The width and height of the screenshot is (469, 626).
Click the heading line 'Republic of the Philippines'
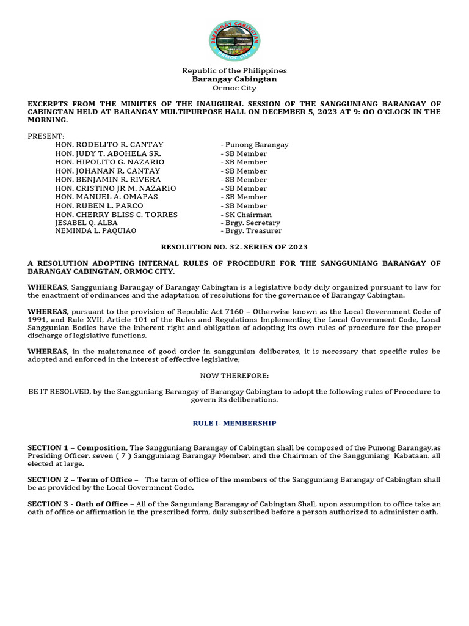point(234,71)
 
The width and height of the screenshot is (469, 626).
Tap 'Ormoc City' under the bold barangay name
point(234,88)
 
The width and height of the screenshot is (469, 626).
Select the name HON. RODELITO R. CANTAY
point(109,145)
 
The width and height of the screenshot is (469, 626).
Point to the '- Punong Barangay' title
point(255,145)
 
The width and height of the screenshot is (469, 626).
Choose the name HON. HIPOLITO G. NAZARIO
point(110,163)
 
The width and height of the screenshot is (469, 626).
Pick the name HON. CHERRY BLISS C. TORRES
point(116,215)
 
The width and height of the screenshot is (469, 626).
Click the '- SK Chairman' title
point(246,215)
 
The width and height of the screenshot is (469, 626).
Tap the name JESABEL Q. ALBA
point(86,223)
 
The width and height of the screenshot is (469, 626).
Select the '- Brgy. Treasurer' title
point(251,232)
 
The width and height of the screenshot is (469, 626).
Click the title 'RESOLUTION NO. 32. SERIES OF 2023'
point(234,247)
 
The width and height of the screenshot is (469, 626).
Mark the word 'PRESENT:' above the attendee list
point(46,136)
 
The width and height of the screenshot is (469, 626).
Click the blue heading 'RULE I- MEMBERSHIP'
point(234,423)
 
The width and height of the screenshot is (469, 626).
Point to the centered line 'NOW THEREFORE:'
point(234,375)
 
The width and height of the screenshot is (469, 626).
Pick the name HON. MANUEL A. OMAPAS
point(106,197)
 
